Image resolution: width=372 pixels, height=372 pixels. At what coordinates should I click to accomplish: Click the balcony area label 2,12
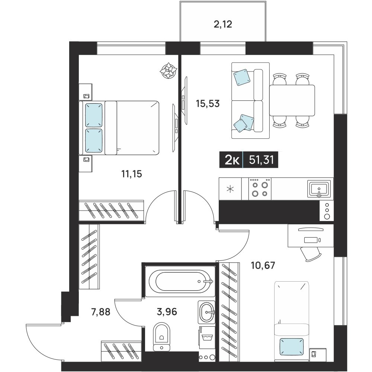(223, 24)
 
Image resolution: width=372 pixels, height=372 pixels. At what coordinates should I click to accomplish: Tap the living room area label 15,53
(208, 104)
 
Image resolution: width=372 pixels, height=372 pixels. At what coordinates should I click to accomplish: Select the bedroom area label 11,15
(132, 174)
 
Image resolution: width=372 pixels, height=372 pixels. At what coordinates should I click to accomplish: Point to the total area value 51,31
(262, 160)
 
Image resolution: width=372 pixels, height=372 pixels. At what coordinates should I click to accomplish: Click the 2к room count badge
(232, 160)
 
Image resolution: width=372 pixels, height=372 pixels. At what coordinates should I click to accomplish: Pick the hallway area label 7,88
(100, 312)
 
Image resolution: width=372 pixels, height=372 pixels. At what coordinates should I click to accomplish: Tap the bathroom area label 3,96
(167, 312)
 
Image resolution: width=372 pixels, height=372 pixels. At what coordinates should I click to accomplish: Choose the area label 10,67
(263, 265)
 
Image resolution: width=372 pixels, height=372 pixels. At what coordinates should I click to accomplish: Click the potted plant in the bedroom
(169, 70)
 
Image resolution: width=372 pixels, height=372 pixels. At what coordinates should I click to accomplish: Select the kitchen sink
(319, 189)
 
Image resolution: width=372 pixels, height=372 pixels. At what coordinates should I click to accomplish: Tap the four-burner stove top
(260, 189)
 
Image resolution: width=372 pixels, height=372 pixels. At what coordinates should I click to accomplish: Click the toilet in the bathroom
(161, 336)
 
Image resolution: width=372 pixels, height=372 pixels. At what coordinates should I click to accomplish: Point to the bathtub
(180, 281)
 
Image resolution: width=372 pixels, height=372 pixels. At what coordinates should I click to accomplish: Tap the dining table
(292, 100)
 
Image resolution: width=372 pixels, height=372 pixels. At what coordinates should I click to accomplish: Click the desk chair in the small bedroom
(311, 254)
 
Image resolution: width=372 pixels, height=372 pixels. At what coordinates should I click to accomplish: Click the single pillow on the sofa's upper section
(242, 77)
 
